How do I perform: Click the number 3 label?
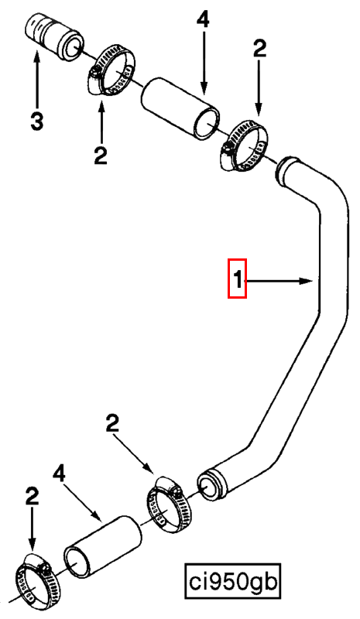(36, 121)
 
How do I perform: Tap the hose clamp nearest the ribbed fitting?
(110, 71)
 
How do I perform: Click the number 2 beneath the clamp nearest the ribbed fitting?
(101, 156)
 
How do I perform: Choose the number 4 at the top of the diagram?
(203, 20)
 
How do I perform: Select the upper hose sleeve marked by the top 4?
(180, 108)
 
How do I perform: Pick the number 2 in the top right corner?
(259, 50)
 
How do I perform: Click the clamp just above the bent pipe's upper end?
(243, 147)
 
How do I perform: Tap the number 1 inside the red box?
(238, 279)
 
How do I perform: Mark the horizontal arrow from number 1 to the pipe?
(279, 281)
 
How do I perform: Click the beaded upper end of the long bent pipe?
(289, 169)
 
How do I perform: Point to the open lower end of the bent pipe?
(210, 485)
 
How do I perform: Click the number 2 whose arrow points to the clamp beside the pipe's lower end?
(112, 423)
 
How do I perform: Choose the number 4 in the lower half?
(59, 474)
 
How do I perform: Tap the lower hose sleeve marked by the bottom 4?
(102, 547)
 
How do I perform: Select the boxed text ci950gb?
(233, 582)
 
